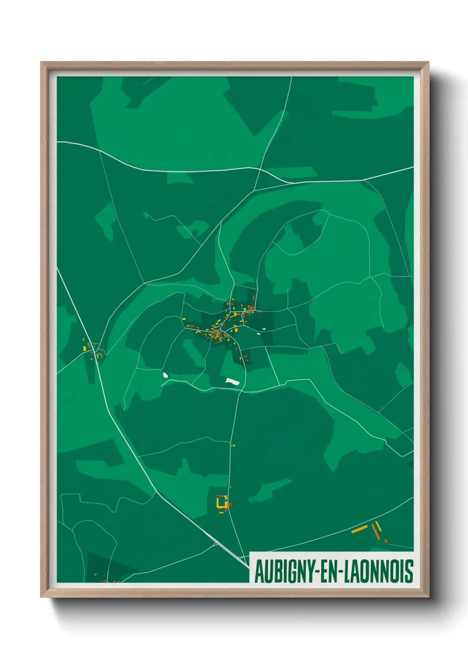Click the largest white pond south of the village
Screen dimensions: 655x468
[232, 381]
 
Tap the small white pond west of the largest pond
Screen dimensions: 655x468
[165, 375]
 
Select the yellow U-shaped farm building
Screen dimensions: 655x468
[221, 502]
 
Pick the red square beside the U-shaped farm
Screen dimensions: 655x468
[230, 504]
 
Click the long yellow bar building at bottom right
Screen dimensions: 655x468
[359, 528]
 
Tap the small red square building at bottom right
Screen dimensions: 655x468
[386, 541]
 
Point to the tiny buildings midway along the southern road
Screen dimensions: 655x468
[233, 445]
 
